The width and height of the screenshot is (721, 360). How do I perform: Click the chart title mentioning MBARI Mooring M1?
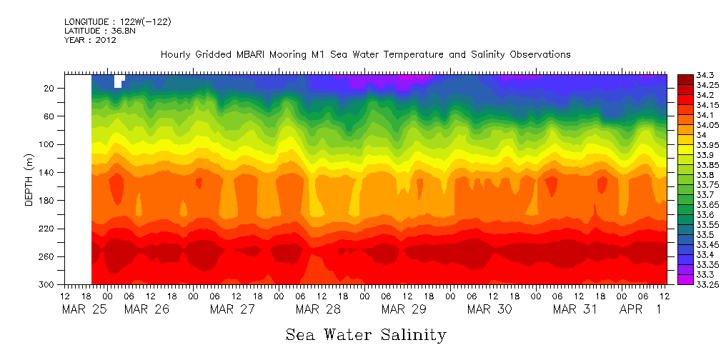[x=365, y=54]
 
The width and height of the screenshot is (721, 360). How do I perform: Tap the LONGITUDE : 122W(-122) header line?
[x=118, y=22]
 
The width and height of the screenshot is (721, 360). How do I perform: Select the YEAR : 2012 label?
[x=90, y=40]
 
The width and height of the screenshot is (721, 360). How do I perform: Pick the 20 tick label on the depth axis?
[x=50, y=88]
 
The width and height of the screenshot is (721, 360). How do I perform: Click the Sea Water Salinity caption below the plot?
[x=366, y=334]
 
